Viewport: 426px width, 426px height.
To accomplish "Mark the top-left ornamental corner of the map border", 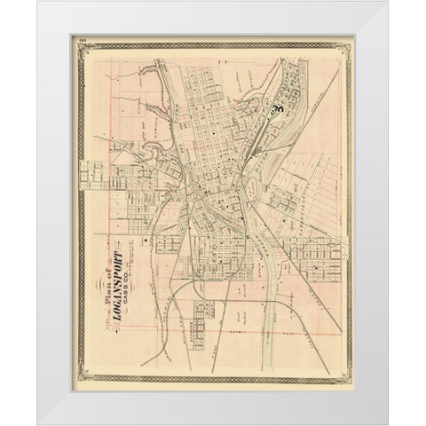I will (x=79, y=48).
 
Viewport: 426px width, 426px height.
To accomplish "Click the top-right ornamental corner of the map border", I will (x=347, y=48).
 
